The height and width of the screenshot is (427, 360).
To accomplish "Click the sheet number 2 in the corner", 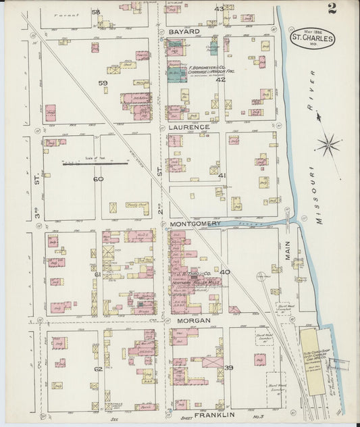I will [332, 8].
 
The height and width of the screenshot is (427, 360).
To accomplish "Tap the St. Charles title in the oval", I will [312, 39].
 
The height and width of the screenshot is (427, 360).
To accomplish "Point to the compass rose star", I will [329, 144].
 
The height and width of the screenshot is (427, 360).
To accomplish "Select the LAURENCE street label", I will [189, 127].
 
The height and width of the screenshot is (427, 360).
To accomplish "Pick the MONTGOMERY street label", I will [195, 224].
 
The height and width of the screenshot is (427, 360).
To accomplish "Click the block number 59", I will [103, 83].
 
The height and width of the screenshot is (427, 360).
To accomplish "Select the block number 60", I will [99, 179].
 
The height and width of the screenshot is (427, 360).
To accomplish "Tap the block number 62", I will [99, 369].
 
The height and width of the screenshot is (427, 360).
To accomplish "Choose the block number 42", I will [220, 80].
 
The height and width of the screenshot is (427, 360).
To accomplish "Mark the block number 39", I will [228, 368].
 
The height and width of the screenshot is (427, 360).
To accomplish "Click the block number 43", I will [219, 9].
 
